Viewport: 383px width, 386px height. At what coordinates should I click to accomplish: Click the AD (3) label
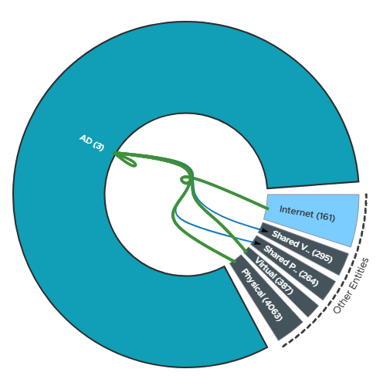tap(92, 143)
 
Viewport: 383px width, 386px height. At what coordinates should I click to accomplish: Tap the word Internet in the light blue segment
tap(297, 212)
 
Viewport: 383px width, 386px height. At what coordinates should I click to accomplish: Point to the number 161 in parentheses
tap(326, 217)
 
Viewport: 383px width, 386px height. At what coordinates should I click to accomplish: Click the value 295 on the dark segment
tap(322, 256)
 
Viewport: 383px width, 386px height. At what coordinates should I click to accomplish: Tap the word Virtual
tap(264, 268)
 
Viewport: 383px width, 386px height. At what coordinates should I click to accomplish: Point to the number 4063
tap(273, 310)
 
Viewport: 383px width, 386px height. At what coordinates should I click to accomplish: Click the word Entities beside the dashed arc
tap(360, 273)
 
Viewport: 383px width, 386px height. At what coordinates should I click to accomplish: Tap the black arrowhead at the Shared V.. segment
tap(264, 230)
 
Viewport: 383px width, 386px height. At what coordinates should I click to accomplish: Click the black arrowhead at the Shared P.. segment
tap(257, 242)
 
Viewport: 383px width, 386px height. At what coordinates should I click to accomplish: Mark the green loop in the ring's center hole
tap(186, 180)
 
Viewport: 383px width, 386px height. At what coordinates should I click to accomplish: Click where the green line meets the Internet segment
tap(268, 208)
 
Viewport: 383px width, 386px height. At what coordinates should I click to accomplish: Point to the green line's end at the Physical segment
tap(235, 262)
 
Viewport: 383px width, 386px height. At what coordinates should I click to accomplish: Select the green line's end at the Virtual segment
tap(246, 252)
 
